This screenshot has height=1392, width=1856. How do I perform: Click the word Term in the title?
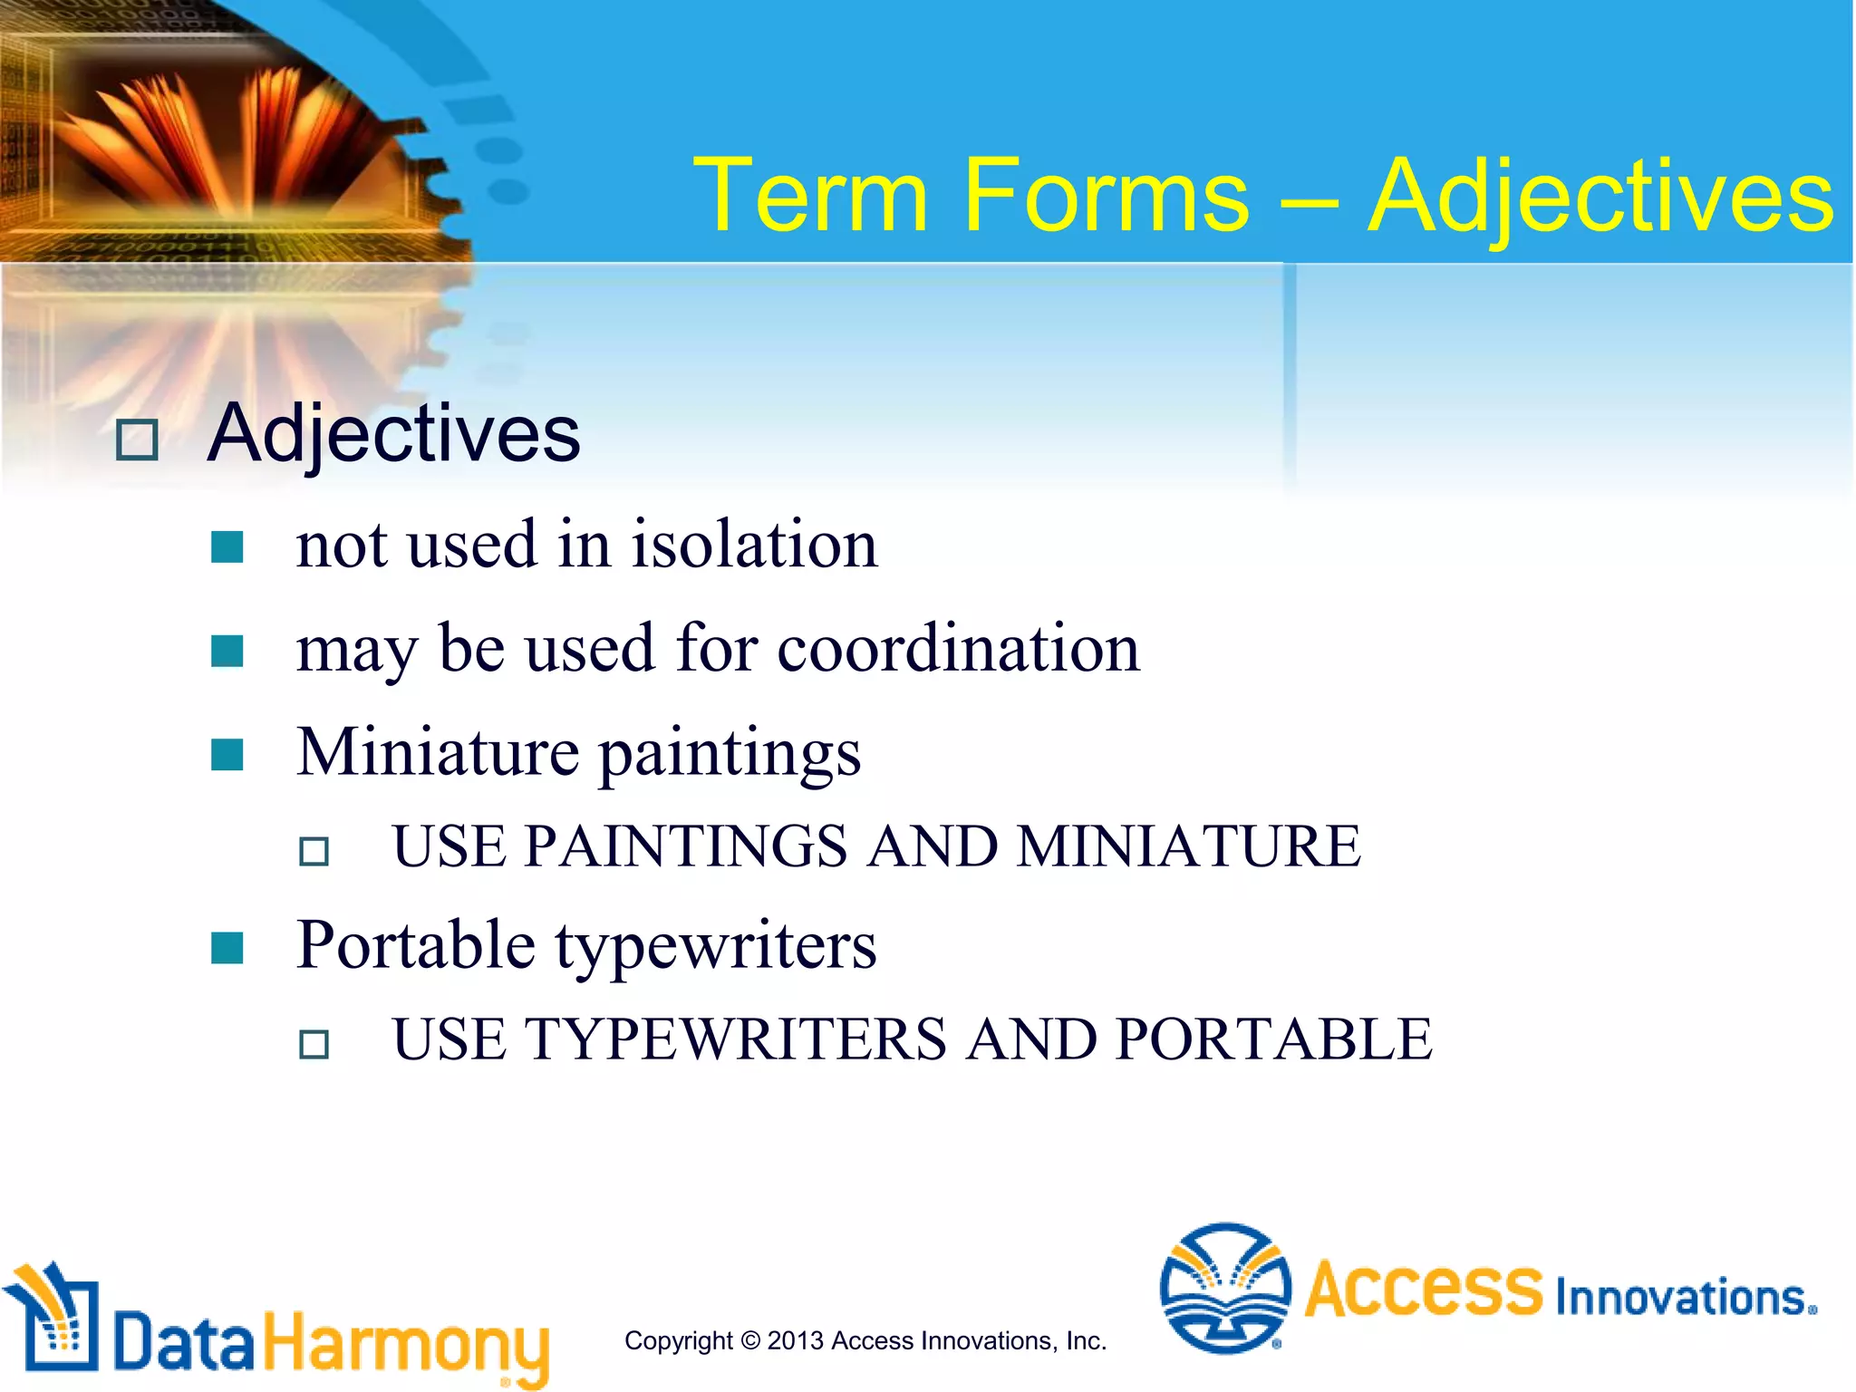(811, 196)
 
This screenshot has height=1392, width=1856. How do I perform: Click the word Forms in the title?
(1107, 196)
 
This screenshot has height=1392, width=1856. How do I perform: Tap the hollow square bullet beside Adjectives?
(138, 440)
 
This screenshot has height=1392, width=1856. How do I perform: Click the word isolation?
(754, 546)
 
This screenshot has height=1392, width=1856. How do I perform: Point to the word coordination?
(958, 649)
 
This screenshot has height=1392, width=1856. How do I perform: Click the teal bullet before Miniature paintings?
(227, 754)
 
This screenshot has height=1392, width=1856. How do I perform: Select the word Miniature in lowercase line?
(438, 752)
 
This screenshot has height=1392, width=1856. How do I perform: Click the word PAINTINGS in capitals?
(685, 846)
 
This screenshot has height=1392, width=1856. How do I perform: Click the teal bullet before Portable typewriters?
(227, 948)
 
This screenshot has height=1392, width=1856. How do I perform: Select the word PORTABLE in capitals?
(1273, 1039)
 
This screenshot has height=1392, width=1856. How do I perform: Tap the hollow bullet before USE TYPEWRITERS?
(314, 1044)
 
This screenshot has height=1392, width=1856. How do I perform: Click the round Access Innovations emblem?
(1224, 1288)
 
